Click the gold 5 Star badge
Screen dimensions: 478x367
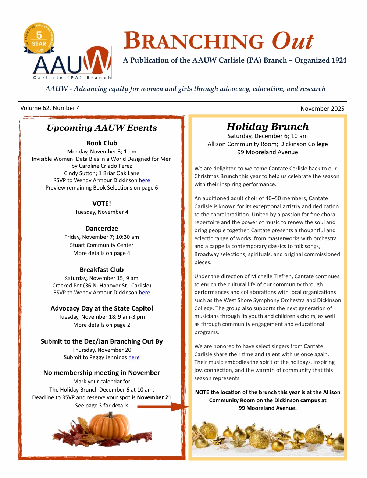[x=39, y=39]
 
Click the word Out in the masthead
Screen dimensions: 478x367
[x=292, y=41]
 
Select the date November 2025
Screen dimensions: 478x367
[x=322, y=109]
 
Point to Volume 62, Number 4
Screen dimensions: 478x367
[x=50, y=108]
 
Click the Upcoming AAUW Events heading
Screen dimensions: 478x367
[x=101, y=128]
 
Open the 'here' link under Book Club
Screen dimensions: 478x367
[x=144, y=180]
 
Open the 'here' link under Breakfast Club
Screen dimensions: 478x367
[x=144, y=293]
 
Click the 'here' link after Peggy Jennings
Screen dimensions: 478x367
[x=134, y=357]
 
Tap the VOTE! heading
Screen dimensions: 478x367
[x=101, y=203]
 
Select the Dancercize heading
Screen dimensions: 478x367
[x=101, y=229]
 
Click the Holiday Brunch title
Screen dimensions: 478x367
[x=267, y=127]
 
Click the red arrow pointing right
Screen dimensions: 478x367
[x=163, y=407]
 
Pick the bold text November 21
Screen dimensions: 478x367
[x=154, y=397]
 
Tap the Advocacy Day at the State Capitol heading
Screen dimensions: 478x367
[x=101, y=308]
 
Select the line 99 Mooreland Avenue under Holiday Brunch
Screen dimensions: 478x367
[x=267, y=152]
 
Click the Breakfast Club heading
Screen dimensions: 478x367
[x=101, y=270]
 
